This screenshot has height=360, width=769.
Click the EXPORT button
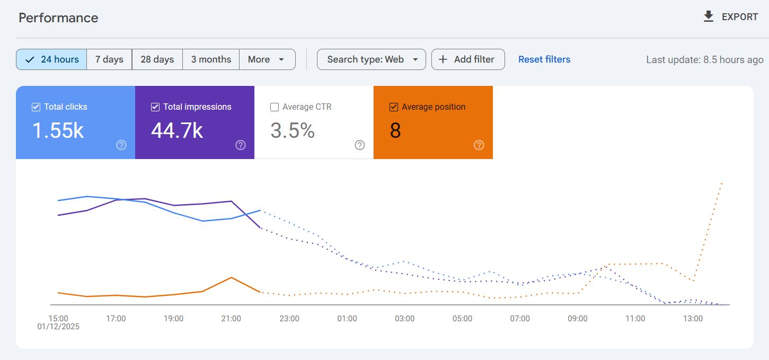[x=731, y=17]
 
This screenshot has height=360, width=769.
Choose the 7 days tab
[x=109, y=59]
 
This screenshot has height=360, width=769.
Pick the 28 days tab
[x=157, y=59]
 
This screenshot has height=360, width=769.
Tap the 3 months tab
[x=211, y=59]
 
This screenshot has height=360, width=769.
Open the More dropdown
[x=267, y=59]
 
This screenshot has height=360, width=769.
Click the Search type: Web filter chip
[x=371, y=59]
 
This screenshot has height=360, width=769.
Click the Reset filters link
[x=544, y=59]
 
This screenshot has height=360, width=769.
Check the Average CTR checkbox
[x=275, y=107]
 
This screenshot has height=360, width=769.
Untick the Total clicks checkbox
[x=36, y=107]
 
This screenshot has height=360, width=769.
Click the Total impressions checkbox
[x=155, y=107]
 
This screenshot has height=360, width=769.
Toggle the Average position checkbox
[x=394, y=107]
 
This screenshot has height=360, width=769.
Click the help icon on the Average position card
[x=479, y=145]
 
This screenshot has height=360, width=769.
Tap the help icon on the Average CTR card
[x=360, y=145]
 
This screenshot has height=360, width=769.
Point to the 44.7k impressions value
[x=177, y=130]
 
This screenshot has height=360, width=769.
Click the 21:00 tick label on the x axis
[x=231, y=319]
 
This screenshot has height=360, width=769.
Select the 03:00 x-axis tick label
[x=404, y=319]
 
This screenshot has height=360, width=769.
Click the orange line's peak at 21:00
[x=231, y=277]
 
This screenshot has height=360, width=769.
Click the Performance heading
[x=58, y=17]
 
